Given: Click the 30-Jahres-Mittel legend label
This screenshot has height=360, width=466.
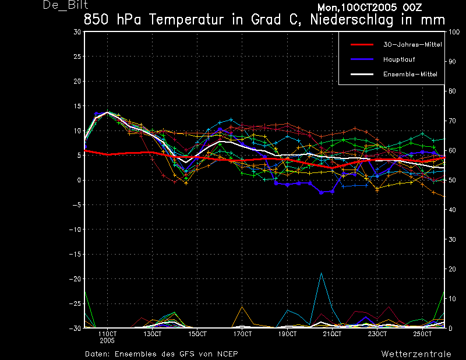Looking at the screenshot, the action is (412, 45).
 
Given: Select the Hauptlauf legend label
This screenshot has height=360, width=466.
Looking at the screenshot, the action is (399, 59).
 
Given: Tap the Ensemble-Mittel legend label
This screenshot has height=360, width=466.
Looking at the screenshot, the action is (410, 75).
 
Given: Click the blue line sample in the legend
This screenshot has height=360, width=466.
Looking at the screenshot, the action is (362, 59).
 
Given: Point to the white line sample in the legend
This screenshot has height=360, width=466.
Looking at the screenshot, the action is (362, 74).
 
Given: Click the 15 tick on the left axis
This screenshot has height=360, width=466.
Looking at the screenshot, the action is (77, 106).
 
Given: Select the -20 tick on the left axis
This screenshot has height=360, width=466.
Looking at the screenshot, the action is (75, 279).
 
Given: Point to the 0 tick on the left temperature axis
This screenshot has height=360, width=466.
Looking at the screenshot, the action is (79, 180).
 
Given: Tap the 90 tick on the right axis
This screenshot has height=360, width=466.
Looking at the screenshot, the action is (451, 62).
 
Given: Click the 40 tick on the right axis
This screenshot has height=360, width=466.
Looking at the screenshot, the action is (451, 210).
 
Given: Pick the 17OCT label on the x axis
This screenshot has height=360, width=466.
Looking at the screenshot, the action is (242, 334).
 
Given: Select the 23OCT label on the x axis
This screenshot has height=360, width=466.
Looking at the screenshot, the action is (377, 334).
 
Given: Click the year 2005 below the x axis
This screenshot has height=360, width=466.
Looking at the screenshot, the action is (107, 341).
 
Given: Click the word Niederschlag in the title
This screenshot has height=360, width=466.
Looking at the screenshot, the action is (352, 20).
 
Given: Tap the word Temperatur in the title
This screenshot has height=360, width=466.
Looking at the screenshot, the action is (186, 20).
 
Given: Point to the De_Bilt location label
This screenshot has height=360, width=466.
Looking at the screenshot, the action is (65, 5).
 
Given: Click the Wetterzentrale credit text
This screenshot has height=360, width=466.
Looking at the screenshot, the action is (416, 354).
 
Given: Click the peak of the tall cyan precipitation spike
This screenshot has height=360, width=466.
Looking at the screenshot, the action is (322, 273).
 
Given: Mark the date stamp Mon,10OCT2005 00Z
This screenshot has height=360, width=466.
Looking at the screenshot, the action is (370, 8).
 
